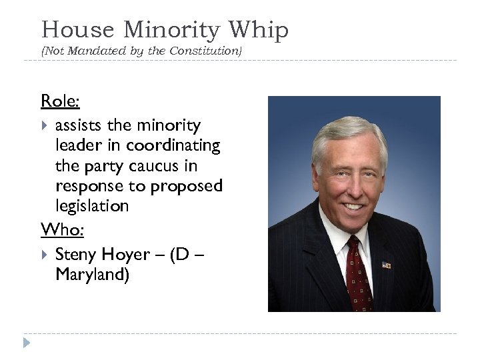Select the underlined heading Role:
click(60, 101)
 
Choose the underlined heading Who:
click(60, 229)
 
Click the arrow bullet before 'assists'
click(45, 125)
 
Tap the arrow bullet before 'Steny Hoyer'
click(45, 254)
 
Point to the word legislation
click(92, 206)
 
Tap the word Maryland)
click(92, 275)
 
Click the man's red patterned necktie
click(357, 277)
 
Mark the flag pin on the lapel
click(387, 265)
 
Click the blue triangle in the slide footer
click(26, 343)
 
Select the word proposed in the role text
click(187, 185)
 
